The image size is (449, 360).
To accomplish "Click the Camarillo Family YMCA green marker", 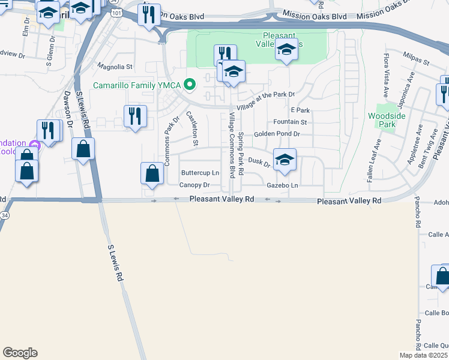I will pos(190,85).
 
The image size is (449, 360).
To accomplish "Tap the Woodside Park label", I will pos(381,119).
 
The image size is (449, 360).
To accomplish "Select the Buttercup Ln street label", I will pos(199,173).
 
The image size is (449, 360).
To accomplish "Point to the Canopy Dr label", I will pos(194,185).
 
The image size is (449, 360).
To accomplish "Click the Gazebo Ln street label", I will pos(282,185).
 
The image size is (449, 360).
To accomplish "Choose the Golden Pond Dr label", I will pos(276,134).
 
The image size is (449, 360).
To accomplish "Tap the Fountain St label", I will pos(291,122).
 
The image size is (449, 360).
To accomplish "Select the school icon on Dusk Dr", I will pos(285,159).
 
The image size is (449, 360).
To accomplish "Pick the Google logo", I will pos(20,353).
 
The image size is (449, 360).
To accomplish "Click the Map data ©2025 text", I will pos(424,355).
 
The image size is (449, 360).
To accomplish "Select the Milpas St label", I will pos(417,62).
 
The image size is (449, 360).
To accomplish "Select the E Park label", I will pos(300,110).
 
